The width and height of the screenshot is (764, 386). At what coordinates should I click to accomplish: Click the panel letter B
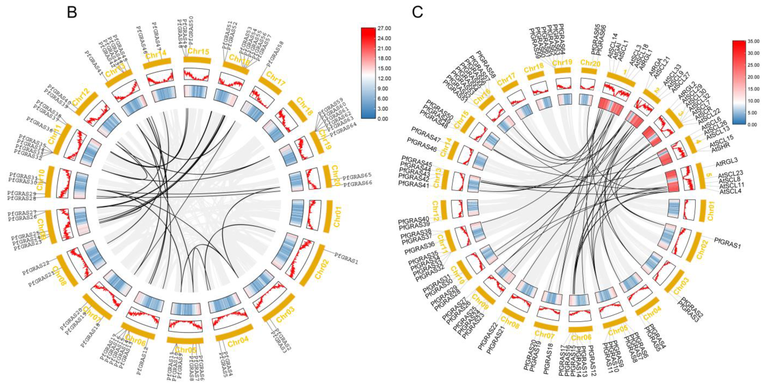tap(72, 12)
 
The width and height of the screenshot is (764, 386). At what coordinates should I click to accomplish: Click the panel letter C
tap(418, 12)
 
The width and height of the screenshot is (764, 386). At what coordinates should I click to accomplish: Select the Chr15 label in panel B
tap(198, 51)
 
